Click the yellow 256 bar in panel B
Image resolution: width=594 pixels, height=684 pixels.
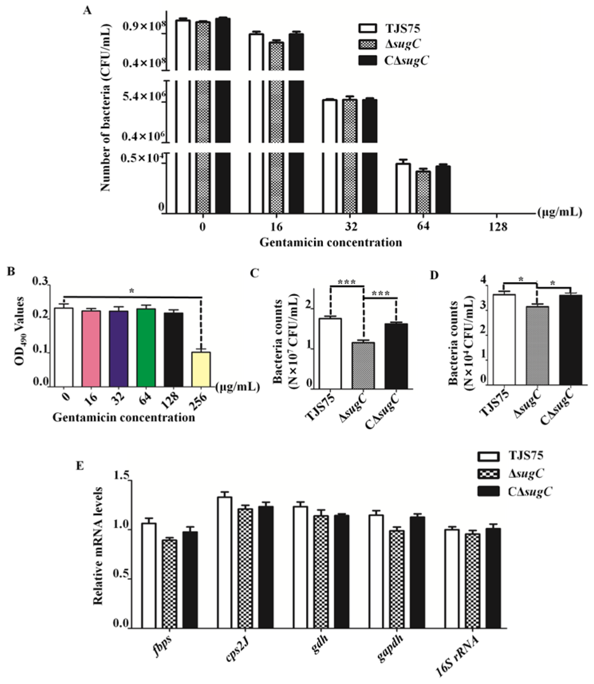(201, 369)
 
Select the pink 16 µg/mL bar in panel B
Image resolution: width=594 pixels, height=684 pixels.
(91, 348)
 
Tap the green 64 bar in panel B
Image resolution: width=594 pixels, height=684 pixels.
(146, 347)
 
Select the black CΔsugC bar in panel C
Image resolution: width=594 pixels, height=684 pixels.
(396, 356)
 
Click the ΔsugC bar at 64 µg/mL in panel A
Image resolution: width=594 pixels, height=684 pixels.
(423, 192)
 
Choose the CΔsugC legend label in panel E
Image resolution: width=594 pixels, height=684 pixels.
(530, 491)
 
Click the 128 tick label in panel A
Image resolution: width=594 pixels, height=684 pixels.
(498, 227)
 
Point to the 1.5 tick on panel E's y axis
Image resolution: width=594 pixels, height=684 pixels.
(121, 476)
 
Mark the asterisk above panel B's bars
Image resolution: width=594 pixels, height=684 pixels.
(132, 291)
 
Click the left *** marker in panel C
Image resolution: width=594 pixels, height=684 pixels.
(346, 283)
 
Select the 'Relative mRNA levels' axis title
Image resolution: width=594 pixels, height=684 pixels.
(98, 546)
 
